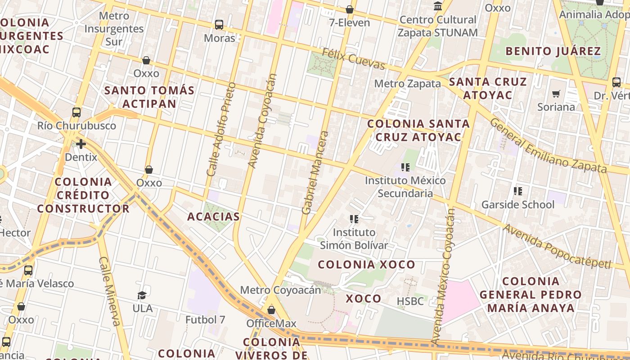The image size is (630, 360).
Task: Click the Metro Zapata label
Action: (x=407, y=84)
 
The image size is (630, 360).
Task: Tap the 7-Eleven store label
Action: (x=350, y=22)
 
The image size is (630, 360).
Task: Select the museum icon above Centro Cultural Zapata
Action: (x=437, y=6)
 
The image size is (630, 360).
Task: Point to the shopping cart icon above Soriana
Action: (x=556, y=94)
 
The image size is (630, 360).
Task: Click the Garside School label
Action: (x=518, y=205)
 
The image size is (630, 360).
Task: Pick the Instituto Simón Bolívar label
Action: (x=354, y=239)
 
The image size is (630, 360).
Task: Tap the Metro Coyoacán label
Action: (x=280, y=290)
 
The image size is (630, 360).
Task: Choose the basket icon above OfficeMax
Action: (x=271, y=310)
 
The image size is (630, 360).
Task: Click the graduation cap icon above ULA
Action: (x=142, y=295)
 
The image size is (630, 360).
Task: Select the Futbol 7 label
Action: (x=205, y=319)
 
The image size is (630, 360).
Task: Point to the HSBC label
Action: (x=410, y=301)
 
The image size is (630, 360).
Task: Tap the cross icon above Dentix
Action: (x=81, y=144)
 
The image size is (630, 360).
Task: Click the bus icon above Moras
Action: (x=219, y=25)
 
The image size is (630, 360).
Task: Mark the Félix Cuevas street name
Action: (x=354, y=59)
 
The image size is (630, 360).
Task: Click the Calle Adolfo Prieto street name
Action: (x=221, y=129)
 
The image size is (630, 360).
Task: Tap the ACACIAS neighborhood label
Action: (x=213, y=216)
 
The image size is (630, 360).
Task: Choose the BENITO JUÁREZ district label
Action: (x=553, y=51)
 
